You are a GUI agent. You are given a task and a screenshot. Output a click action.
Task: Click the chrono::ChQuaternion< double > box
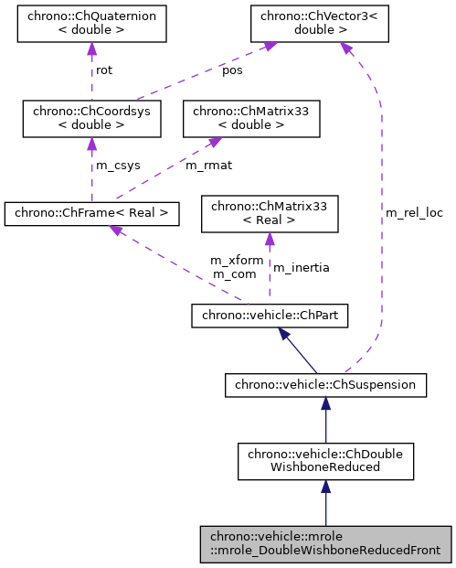pos(92,25)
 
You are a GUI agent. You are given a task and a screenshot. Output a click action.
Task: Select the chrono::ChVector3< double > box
pos(315,25)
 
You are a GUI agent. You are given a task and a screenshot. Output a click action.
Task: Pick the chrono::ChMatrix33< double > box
pos(251,118)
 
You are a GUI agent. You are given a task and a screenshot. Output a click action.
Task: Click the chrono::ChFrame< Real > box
pos(91,214)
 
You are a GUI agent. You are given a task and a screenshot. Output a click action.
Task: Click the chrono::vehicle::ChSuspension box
pos(325,385)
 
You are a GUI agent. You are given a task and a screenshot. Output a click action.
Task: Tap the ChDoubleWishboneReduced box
pos(325,461)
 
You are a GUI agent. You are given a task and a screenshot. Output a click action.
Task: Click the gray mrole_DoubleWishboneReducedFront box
pos(325,544)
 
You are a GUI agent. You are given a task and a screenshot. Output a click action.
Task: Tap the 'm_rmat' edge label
pos(206,166)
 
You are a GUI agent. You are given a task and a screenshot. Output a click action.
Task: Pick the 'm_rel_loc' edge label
pos(414,213)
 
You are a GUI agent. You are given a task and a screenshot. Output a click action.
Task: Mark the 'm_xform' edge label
pos(237,260)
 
